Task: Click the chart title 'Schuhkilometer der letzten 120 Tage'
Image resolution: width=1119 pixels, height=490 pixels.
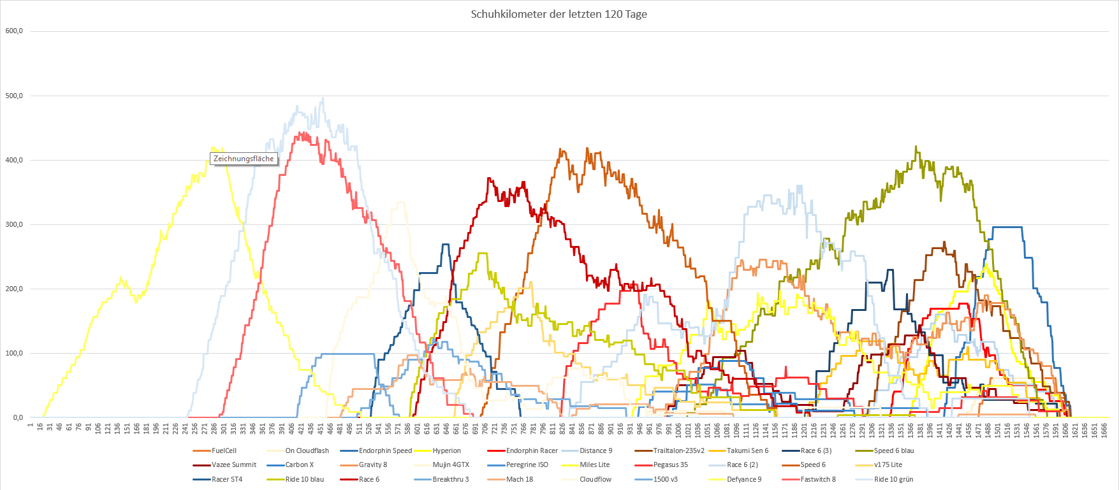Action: [x=559, y=14]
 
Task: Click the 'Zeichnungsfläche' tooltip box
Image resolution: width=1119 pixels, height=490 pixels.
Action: [x=244, y=159]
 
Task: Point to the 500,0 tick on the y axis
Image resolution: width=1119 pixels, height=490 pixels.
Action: [x=14, y=96]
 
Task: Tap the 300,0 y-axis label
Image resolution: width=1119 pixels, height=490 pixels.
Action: [x=14, y=225]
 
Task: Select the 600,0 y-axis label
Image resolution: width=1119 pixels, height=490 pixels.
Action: [x=14, y=31]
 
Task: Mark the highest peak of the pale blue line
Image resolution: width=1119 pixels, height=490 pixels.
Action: [x=323, y=98]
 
